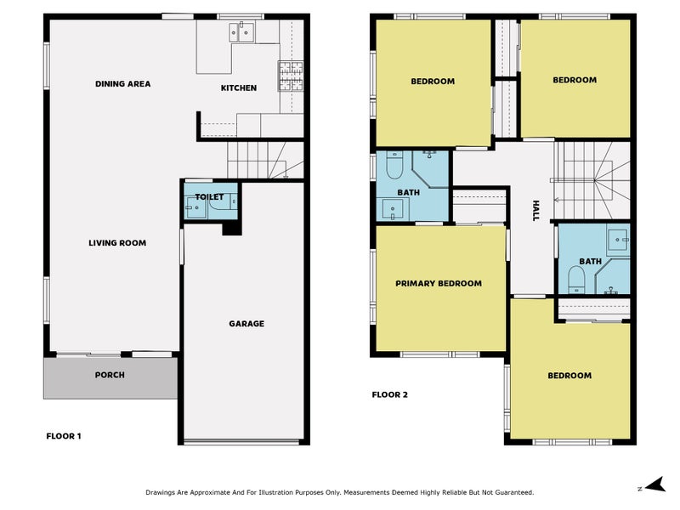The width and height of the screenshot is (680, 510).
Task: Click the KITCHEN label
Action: pos(239,88)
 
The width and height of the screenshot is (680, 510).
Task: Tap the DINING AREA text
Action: pos(122,84)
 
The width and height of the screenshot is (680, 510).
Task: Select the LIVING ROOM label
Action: pos(117,243)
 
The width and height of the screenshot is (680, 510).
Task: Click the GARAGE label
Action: pos(246,324)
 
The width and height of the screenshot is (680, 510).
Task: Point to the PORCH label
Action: pos(110,375)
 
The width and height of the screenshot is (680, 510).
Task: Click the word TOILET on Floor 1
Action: pos(209,197)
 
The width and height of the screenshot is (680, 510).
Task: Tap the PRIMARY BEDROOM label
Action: pos(439,284)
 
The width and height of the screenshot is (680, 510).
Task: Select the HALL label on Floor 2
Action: pos(535,211)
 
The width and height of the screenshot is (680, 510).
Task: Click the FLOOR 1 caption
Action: pos(64,436)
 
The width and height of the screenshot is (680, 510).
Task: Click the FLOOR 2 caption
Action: pos(390,394)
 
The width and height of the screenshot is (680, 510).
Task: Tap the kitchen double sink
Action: pos(241,31)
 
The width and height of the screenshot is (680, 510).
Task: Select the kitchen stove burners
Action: pos(291,76)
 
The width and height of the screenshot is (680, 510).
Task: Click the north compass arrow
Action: pos(655,484)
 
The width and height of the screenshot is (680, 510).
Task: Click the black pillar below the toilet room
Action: pos(232,228)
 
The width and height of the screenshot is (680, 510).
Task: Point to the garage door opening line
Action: pos(241,442)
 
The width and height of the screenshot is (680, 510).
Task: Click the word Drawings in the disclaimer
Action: pos(160,493)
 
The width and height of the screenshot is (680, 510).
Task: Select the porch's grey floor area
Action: pos(110,378)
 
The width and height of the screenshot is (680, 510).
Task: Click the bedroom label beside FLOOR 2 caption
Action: pos(569,376)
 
